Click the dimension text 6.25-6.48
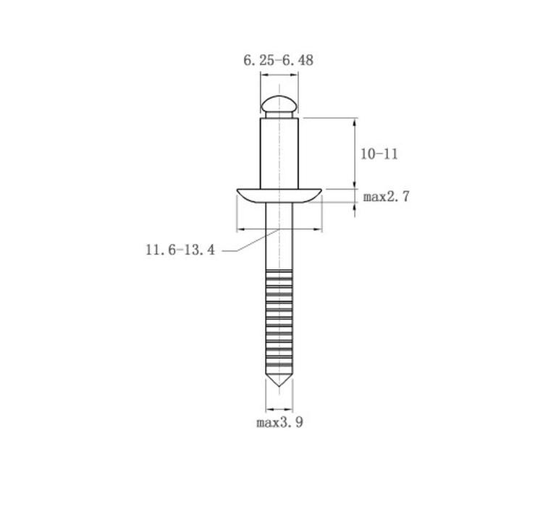point(279,60)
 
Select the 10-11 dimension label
point(379,154)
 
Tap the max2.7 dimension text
point(386,197)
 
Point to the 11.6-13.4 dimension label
point(180,250)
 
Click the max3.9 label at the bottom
point(279,422)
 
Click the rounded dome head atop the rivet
point(279,104)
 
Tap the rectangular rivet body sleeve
point(279,153)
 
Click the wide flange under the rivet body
point(279,195)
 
